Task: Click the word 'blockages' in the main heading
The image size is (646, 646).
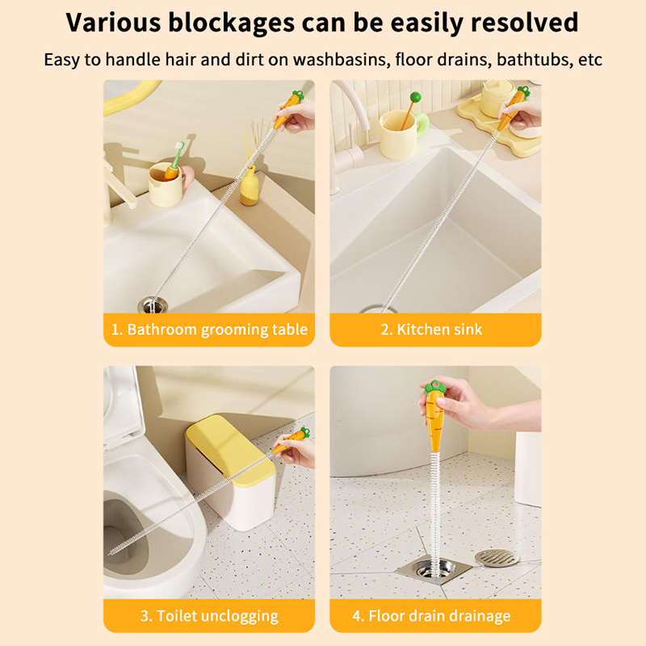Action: (231, 23)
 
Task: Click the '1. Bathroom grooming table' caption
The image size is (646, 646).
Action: (209, 329)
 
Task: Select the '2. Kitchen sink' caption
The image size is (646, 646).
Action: (431, 329)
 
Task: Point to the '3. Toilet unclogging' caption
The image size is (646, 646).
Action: (209, 616)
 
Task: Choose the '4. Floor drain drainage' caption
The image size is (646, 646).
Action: (431, 616)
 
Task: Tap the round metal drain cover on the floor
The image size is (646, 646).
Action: (497, 558)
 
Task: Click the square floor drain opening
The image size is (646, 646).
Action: (434, 572)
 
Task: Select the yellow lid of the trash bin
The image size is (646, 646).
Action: (231, 450)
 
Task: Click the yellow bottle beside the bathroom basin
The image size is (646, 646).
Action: (250, 187)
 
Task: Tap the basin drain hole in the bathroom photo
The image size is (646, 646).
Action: (153, 305)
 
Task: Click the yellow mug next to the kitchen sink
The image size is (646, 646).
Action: (398, 135)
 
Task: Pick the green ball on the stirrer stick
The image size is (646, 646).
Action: (415, 98)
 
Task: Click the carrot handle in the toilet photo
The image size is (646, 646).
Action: (292, 441)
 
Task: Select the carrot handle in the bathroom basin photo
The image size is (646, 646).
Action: (288, 109)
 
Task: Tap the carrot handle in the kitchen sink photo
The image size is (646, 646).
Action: (513, 108)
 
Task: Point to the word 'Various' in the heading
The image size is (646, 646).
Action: (113, 23)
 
